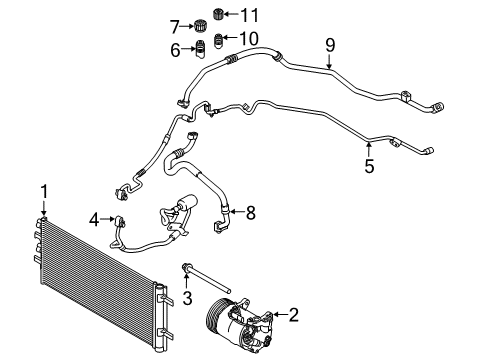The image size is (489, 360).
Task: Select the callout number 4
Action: point(94,219)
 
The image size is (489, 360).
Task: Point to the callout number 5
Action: point(370,166)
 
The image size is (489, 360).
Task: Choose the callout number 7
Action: point(175,25)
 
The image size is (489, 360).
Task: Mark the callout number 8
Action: point(251,211)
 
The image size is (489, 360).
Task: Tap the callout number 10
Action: point(249,38)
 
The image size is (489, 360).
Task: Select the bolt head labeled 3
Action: point(187,267)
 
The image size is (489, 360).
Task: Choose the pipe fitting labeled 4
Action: point(121,220)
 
